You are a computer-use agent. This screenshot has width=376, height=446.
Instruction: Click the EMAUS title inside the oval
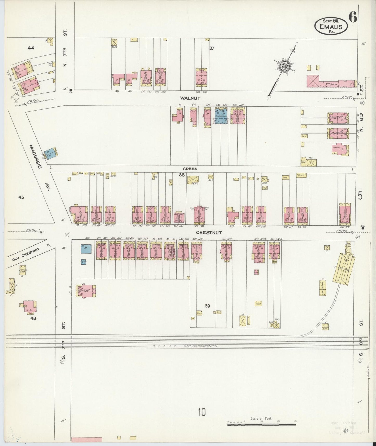tap(331, 26)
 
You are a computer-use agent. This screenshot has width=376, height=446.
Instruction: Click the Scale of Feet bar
tap(262, 424)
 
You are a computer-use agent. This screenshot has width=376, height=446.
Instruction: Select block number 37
tap(212, 48)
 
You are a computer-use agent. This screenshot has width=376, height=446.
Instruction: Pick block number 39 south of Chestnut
tap(207, 306)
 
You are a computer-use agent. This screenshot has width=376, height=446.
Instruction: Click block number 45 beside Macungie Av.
tap(21, 197)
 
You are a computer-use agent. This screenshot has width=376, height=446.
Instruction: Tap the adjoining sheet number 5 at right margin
tap(360, 196)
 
